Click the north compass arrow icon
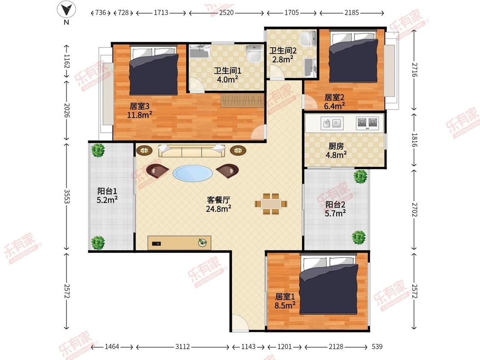[x=67, y=9]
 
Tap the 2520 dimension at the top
[x=227, y=12]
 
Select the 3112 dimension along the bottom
[x=183, y=346]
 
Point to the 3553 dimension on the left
[x=67, y=197]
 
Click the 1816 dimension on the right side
[x=414, y=140]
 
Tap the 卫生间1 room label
[x=227, y=71]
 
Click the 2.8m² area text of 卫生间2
[x=283, y=59]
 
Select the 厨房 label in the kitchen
[x=336, y=146]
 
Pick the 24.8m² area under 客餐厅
[x=218, y=209]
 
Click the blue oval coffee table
[x=192, y=173]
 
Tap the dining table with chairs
[x=271, y=204]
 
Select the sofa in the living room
[x=192, y=150]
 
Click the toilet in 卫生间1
[x=254, y=54]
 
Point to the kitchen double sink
[x=332, y=123]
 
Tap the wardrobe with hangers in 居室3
[x=242, y=100]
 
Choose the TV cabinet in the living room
[x=179, y=243]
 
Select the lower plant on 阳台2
[x=359, y=237]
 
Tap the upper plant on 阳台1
[x=98, y=150]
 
